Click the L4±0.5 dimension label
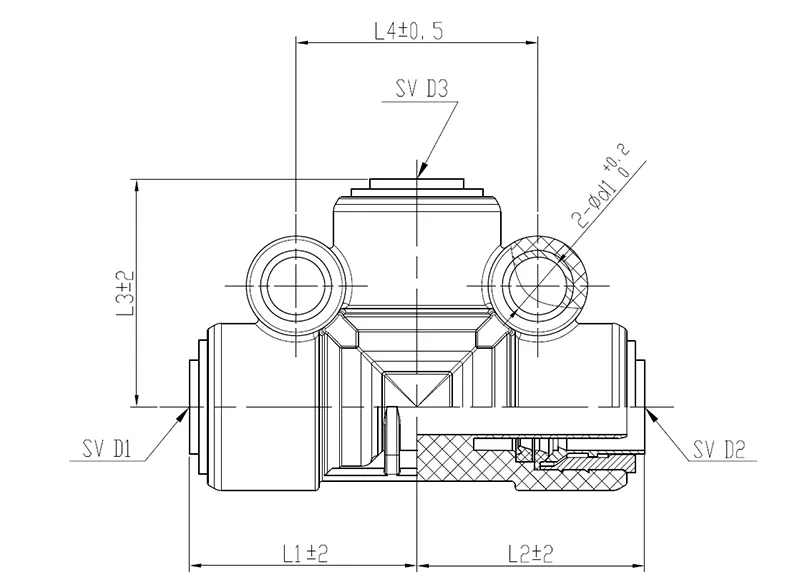point(409,31)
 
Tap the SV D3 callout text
point(421,89)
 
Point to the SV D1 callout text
point(107,449)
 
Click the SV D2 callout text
point(719,449)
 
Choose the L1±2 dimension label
point(305,553)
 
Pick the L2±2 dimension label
point(531,553)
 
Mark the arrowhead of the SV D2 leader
point(653,414)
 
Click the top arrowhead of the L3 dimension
point(136,185)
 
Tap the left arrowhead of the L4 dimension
point(303,43)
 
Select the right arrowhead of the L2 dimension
point(638,565)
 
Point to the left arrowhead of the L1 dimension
point(196,565)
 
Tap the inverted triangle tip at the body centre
point(417,407)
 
